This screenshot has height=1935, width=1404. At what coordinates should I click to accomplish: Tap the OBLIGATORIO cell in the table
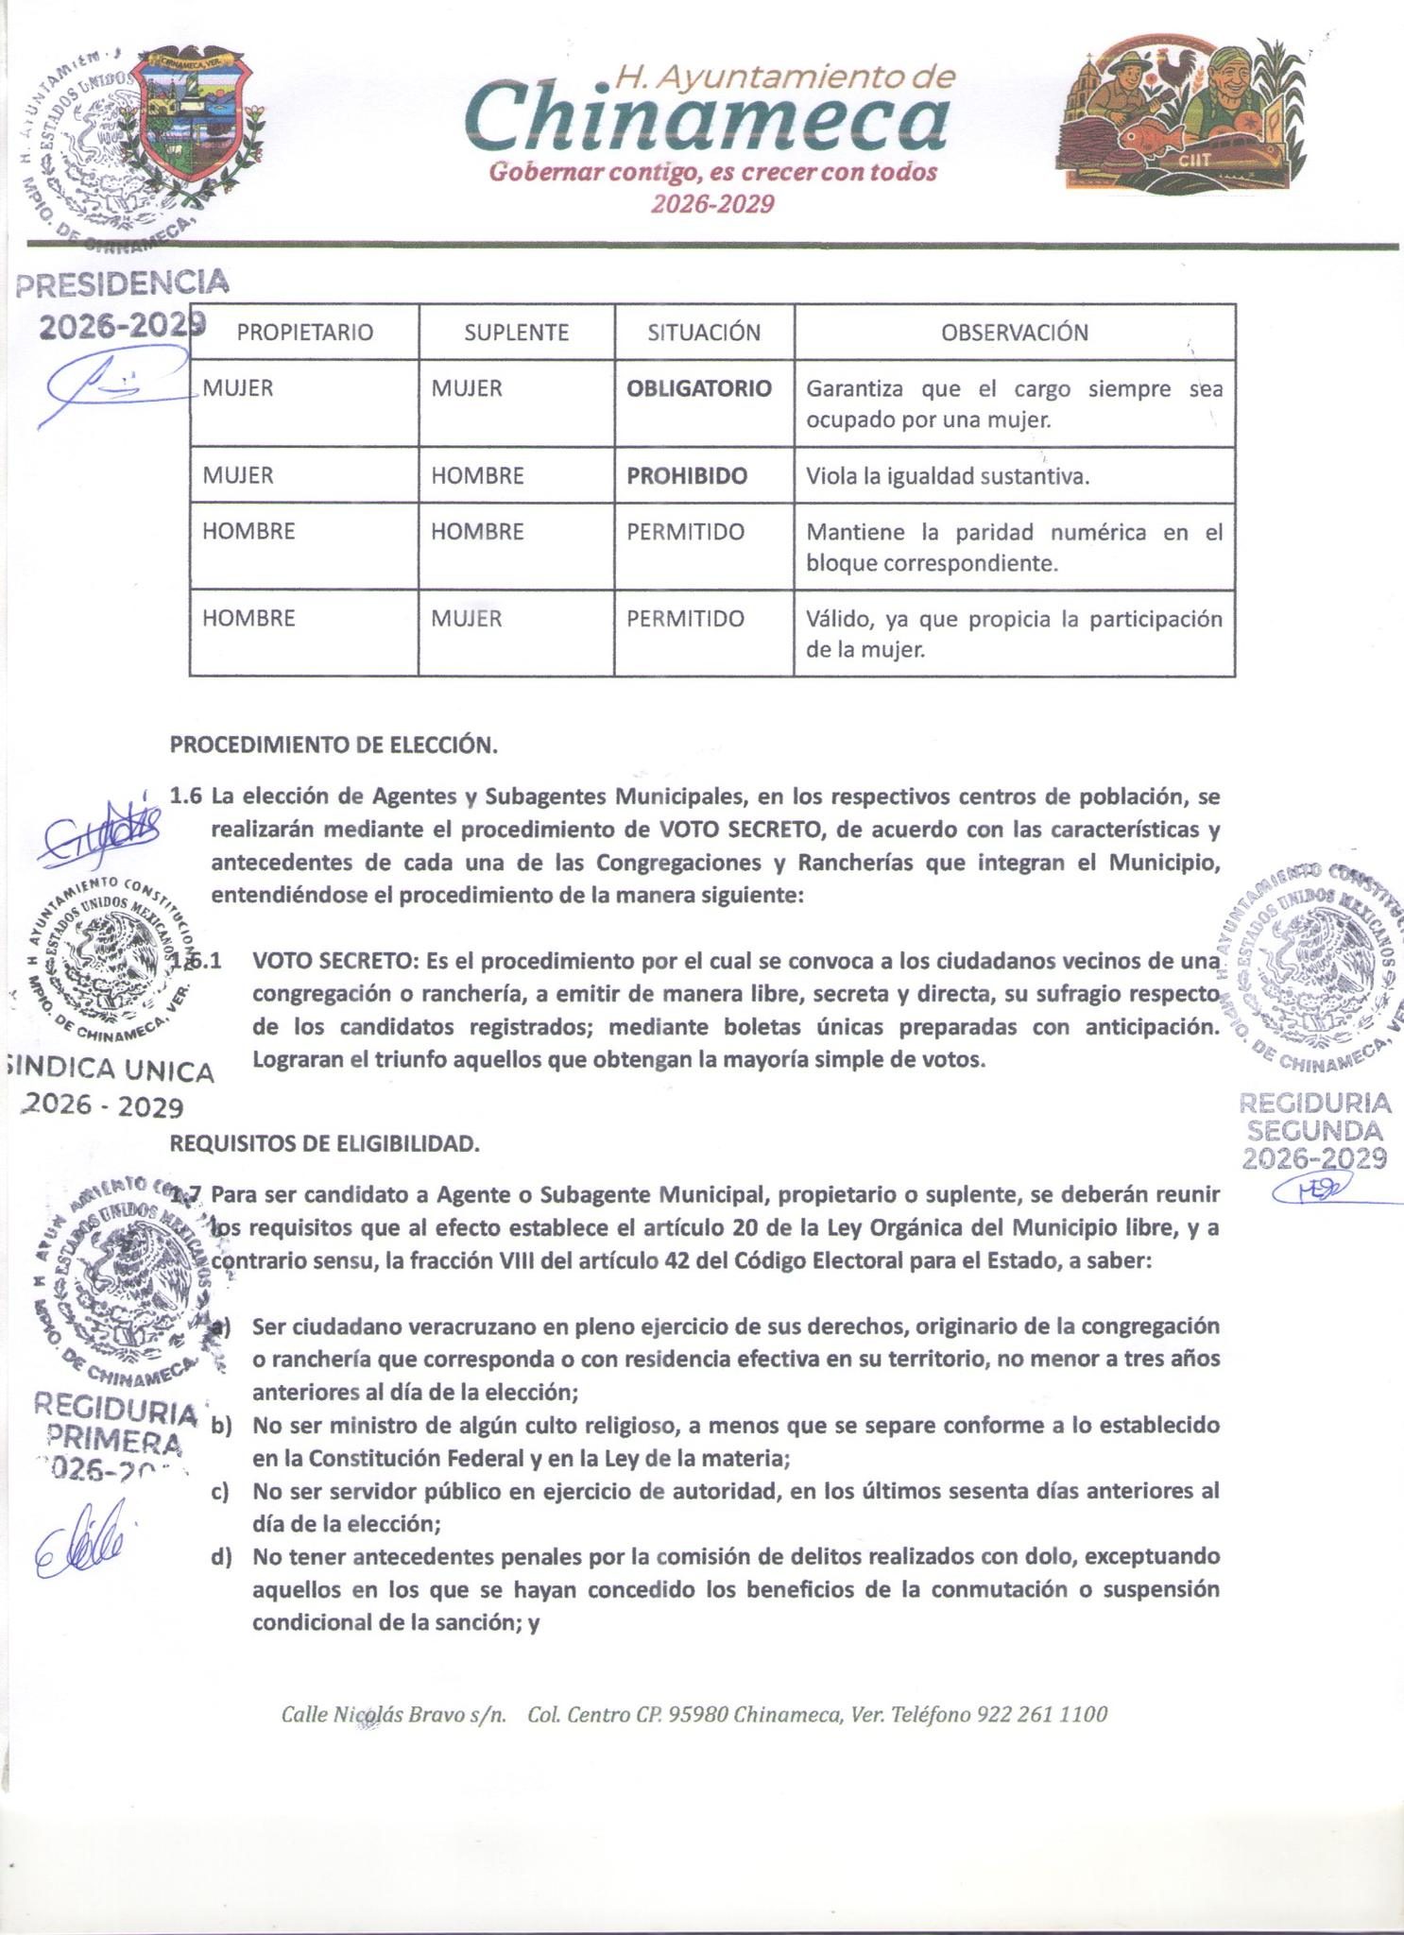[699, 388]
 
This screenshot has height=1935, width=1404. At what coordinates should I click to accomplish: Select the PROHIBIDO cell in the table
[687, 475]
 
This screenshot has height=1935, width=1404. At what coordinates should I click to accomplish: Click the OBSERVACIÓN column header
[1014, 333]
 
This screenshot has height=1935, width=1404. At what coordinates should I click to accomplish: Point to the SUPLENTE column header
[516, 333]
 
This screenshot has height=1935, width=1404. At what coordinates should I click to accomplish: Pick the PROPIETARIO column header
[304, 333]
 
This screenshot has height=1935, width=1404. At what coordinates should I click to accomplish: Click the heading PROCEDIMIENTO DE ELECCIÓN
[334, 745]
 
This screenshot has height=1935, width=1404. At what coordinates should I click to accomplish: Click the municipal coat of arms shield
[192, 111]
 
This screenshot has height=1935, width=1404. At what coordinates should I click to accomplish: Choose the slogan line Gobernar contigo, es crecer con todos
[713, 173]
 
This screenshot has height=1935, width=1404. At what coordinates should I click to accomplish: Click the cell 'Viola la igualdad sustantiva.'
[947, 476]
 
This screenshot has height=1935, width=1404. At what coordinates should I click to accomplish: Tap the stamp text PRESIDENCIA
[123, 283]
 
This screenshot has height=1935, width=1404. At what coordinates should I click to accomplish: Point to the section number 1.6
[186, 796]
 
